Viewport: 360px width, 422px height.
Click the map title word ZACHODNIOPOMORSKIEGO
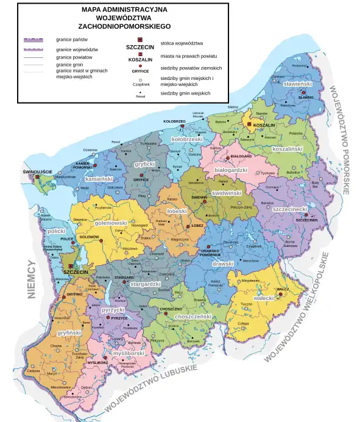pyautogui.click(x=125, y=27)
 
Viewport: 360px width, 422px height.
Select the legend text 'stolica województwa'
pyautogui.click(x=182, y=43)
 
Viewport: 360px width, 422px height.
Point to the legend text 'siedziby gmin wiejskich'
pyautogui.click(x=185, y=93)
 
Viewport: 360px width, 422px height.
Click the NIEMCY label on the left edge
pyautogui.click(x=32, y=280)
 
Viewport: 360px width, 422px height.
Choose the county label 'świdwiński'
pyautogui.click(x=227, y=193)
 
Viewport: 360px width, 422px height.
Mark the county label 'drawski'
pyautogui.click(x=222, y=264)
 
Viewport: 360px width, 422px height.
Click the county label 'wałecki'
pyautogui.click(x=264, y=299)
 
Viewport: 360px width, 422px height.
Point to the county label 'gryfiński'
pyautogui.click(x=69, y=333)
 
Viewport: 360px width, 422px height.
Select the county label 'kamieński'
pyautogui.click(x=99, y=180)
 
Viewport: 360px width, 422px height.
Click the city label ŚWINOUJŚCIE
pyautogui.click(x=38, y=171)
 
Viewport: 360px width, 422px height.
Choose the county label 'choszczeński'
pyautogui.click(x=192, y=316)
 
